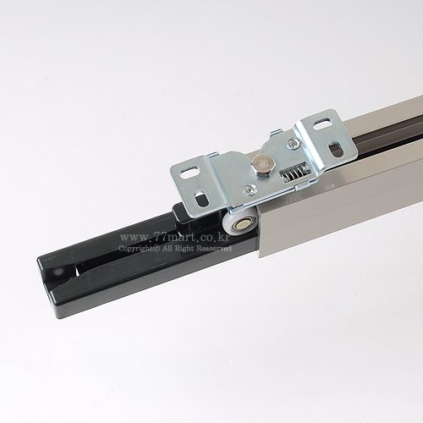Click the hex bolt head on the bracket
(x=261, y=167)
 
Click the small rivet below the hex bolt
(x=249, y=190)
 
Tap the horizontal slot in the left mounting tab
(x=189, y=173)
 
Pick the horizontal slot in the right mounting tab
(x=321, y=125)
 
